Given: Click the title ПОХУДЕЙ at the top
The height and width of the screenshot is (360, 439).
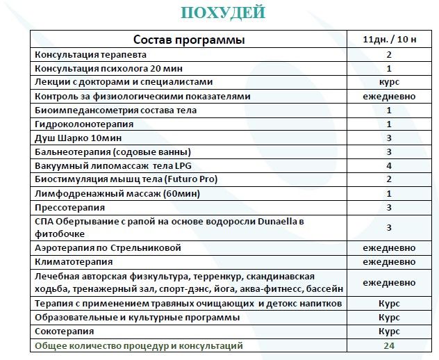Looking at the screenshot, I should (x=222, y=13).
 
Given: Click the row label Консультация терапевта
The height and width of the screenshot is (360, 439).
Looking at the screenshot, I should (x=90, y=55).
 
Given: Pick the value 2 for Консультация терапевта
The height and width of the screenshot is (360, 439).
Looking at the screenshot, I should (x=389, y=55).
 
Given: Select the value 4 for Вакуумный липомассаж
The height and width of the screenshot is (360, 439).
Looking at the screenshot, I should (x=389, y=166).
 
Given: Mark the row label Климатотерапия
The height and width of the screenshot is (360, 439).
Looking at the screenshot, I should (x=74, y=262).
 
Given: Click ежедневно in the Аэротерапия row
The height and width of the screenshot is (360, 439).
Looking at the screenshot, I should (x=389, y=248).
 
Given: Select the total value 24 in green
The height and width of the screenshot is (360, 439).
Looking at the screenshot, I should (x=389, y=345).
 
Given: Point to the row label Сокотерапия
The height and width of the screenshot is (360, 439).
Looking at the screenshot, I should (x=66, y=332).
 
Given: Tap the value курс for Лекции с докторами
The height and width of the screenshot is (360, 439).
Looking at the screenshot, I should (x=389, y=83).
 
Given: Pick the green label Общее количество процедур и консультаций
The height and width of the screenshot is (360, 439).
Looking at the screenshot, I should (x=138, y=345).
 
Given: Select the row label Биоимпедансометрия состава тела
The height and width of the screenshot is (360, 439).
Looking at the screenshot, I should (x=115, y=111).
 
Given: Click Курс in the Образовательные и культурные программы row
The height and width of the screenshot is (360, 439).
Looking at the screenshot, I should (x=389, y=318).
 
